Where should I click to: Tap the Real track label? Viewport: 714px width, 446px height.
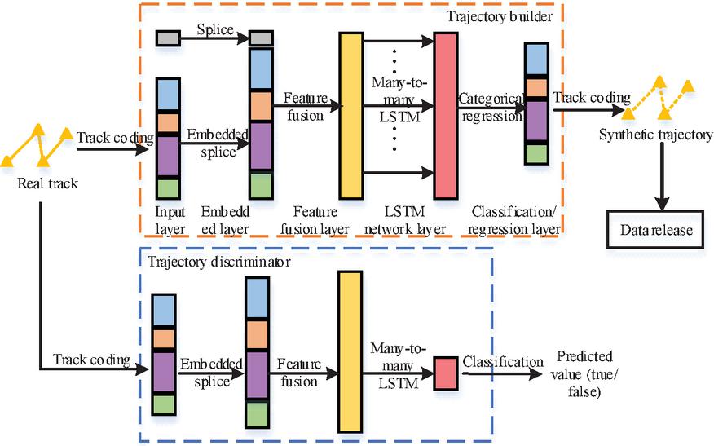(47, 183)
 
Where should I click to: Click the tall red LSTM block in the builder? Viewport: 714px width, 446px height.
(447, 116)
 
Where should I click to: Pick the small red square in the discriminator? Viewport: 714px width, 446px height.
(446, 373)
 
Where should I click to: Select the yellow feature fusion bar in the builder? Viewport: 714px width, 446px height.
(350, 116)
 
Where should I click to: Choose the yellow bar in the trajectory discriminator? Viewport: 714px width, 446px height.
(349, 351)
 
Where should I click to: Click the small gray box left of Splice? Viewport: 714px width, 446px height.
(167, 37)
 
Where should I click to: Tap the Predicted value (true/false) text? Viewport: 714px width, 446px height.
(584, 374)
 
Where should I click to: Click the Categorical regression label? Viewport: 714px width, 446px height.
(490, 107)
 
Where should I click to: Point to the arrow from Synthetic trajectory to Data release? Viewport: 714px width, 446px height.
(654, 175)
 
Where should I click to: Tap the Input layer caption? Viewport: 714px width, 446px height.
(170, 220)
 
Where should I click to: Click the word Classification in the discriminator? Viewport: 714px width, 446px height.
(503, 361)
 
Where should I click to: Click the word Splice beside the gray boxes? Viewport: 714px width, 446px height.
(214, 30)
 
